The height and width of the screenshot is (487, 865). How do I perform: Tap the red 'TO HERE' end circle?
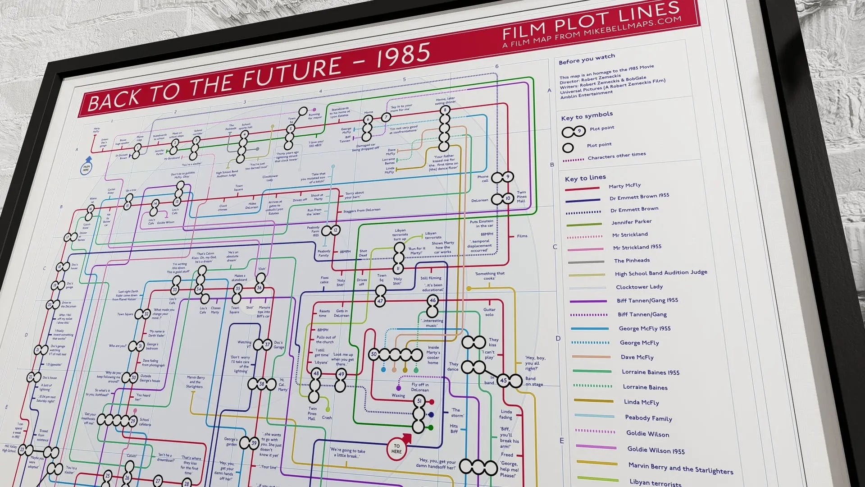396,449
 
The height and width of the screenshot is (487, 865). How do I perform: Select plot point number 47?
380,301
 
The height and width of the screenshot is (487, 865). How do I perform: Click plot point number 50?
373,354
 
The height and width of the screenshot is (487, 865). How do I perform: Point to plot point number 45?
503,381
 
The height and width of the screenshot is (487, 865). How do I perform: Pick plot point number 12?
335,230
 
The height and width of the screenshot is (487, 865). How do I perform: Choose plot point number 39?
254,443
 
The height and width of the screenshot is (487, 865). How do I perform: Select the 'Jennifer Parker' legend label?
631,222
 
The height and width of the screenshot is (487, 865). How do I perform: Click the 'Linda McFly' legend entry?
641,402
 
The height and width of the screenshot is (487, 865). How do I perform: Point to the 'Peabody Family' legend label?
648,418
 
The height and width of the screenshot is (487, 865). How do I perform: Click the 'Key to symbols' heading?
587,116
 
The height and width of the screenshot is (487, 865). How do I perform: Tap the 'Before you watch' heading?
587,59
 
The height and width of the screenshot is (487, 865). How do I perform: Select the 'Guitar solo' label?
489,312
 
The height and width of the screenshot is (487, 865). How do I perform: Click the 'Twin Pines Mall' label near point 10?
521,197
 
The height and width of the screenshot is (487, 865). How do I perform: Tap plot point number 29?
133,422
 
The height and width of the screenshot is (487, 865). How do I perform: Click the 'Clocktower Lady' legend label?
639,287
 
